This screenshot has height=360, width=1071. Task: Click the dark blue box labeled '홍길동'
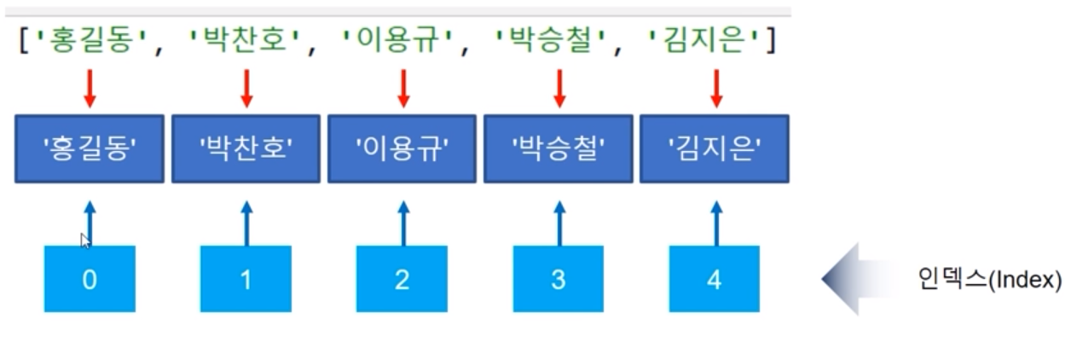point(89,148)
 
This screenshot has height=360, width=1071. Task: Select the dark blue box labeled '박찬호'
point(246,148)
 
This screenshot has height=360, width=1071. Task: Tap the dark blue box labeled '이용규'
point(402,148)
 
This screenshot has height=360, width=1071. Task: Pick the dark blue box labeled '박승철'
point(559,148)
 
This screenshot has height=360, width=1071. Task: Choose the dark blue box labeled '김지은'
point(715,148)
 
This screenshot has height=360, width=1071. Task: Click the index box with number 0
point(90,280)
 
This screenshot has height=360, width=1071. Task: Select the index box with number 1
point(246,280)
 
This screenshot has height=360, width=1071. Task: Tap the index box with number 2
point(402,280)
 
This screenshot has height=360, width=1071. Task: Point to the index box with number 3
point(559,280)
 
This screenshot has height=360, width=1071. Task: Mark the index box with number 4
point(715,280)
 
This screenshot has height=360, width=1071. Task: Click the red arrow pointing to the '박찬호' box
point(246,88)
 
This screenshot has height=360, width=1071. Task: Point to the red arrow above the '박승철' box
point(559,88)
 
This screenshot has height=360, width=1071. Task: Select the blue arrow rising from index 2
point(403,224)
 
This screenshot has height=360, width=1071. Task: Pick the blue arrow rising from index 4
point(715,224)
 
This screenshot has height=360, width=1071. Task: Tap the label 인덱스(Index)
point(990,280)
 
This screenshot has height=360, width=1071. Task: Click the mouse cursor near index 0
point(85,241)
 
